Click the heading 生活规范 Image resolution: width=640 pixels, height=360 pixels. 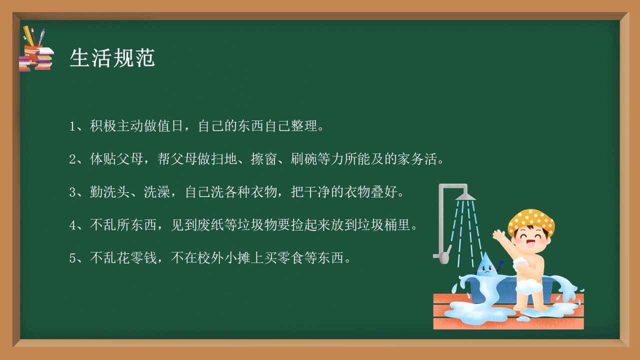112,58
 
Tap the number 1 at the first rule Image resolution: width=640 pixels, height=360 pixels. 72,126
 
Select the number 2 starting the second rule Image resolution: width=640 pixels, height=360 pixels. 72,159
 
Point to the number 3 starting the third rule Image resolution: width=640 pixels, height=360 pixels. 72,192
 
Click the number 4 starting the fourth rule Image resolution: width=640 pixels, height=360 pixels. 72,225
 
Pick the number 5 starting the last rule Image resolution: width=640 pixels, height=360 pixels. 72,258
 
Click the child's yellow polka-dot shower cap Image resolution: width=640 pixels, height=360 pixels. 531,221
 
